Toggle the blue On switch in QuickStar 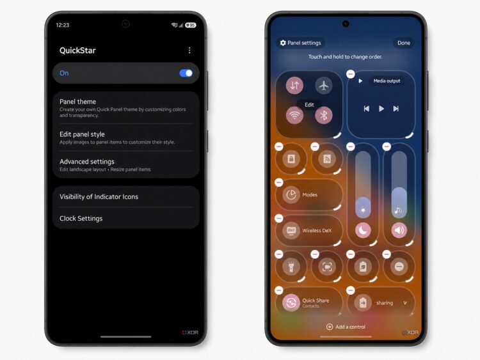[x=186, y=73]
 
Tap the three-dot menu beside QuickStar [x=189, y=50]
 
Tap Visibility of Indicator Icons [x=99, y=197]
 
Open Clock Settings [x=81, y=219]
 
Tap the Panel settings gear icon [x=283, y=43]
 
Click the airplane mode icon [x=324, y=85]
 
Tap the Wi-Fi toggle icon [x=294, y=115]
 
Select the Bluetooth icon [x=324, y=115]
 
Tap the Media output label [x=387, y=81]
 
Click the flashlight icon [x=291, y=267]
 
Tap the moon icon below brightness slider [x=363, y=230]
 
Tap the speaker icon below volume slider [x=399, y=230]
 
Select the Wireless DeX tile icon [x=291, y=230]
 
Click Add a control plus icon [x=330, y=327]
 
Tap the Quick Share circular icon [x=291, y=303]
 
